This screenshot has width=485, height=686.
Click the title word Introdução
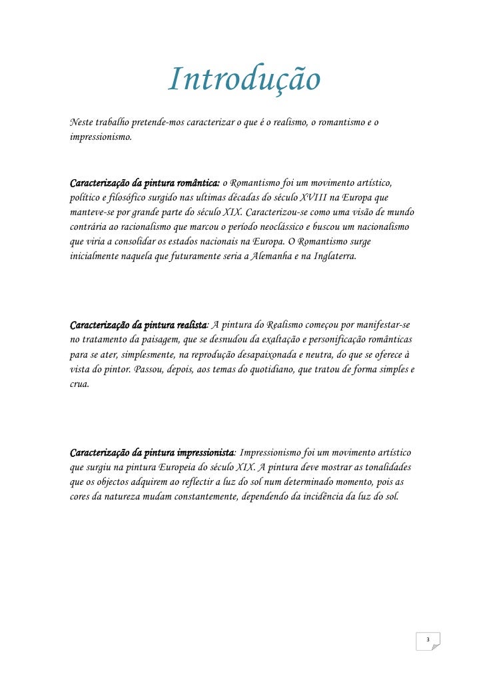pos(244,81)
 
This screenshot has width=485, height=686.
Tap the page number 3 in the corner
pos(429,641)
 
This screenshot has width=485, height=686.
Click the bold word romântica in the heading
pos(196,182)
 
